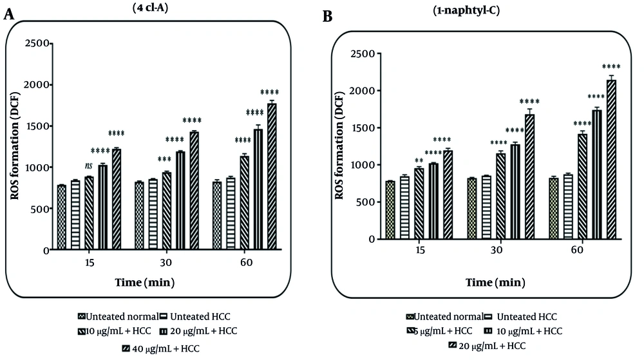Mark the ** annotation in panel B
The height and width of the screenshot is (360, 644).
[x=419, y=160]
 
